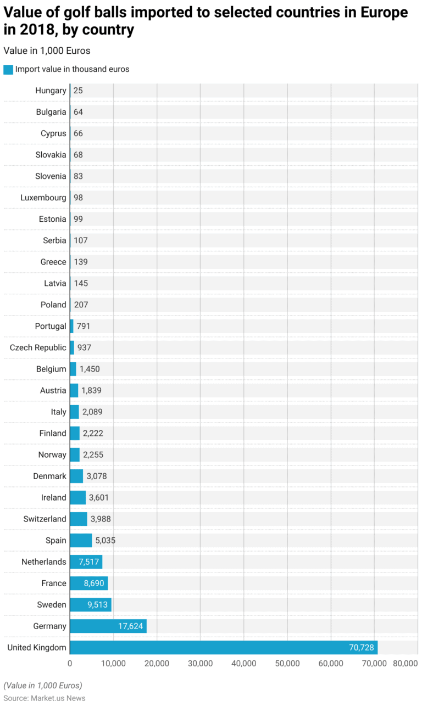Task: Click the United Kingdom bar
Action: [223, 647]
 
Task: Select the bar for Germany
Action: [108, 626]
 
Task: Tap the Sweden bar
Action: [90, 604]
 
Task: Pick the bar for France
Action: [88, 583]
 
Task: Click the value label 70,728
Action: [361, 648]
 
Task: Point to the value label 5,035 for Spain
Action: [105, 540]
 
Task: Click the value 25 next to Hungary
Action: [78, 91]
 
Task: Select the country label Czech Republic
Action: [38, 347]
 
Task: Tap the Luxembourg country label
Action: [43, 198]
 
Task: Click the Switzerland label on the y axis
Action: [45, 519]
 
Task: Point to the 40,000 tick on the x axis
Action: [244, 663]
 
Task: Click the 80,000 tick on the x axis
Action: [405, 663]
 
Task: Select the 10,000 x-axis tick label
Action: [113, 663]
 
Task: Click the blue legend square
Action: [8, 70]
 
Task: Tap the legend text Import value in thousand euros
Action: [72, 69]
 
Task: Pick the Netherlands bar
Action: [86, 562]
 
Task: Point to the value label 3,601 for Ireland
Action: [100, 497]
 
